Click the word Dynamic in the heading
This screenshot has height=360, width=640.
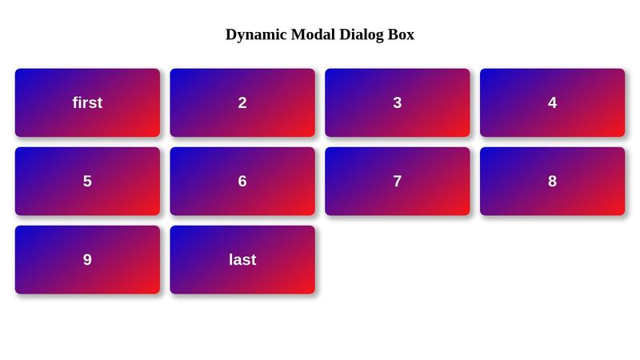(256, 34)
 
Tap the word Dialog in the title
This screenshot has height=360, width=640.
(362, 34)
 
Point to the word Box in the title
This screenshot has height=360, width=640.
(401, 34)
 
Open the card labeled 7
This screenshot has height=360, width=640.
(398, 181)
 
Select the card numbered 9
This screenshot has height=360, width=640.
(87, 259)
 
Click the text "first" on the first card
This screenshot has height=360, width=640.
(87, 102)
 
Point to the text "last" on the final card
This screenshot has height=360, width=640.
(242, 259)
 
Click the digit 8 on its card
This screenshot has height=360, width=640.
(552, 181)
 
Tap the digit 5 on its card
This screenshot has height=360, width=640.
(87, 181)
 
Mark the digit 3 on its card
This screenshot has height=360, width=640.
(398, 102)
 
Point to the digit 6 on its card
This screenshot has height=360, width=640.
(242, 181)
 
